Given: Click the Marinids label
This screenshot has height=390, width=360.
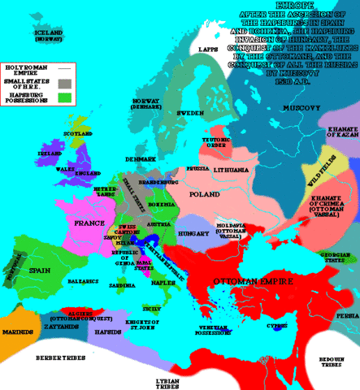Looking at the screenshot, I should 16,332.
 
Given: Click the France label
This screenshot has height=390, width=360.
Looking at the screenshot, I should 87,222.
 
